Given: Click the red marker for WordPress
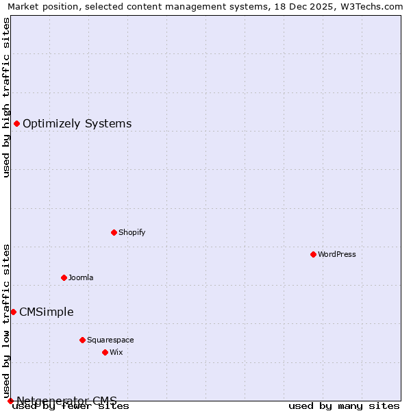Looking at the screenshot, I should pos(313,254).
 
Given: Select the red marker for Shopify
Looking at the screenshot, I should pos(114,232).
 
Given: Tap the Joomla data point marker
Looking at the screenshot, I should pos(64,277).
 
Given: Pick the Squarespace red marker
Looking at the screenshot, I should pos(82,340).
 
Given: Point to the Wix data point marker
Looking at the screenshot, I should pos(105,352).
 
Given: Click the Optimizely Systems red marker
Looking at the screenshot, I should pos(16,123).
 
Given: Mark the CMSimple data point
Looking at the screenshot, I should pos(13,312).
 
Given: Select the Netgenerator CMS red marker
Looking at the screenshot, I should pos(10,401).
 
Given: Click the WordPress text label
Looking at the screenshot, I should pos(337,254).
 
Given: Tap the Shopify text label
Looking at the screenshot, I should pos(132,232).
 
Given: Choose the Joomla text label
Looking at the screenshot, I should pos(81,277).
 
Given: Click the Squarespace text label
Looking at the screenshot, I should pos(110,340).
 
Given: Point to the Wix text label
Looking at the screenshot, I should pos(116,352).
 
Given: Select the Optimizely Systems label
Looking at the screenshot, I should pos(77,124).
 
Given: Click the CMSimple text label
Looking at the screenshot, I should pos(47,312).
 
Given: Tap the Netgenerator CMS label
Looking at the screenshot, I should pos(67,401).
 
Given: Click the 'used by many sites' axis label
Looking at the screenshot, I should pos(344,406).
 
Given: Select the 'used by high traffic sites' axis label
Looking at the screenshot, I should pos(6,97).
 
